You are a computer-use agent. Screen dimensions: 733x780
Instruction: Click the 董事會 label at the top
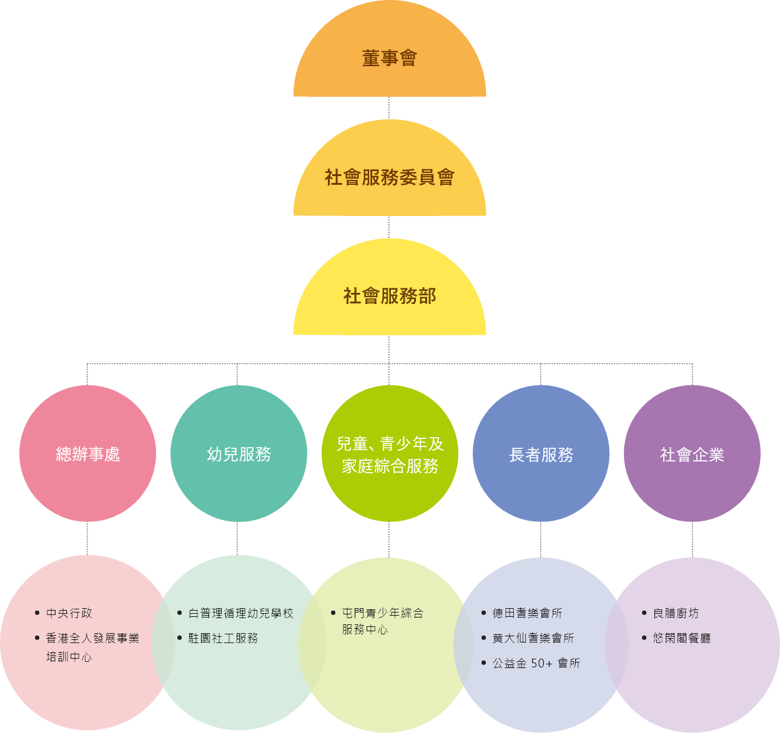(389, 59)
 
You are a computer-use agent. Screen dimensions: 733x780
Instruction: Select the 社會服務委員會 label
(389, 177)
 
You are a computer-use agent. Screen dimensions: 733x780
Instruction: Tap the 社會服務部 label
(389, 296)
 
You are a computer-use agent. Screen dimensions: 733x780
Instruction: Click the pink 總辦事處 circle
(87, 454)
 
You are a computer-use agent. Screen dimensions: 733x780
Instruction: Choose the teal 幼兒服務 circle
(239, 454)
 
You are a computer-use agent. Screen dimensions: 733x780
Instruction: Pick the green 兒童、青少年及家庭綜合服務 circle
(390, 454)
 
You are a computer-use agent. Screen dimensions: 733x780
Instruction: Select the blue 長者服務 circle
(541, 454)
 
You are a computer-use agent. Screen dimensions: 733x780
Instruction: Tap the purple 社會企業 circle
(692, 454)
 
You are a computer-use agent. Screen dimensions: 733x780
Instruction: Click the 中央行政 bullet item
(69, 614)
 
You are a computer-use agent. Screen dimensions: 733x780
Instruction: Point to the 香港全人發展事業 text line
(92, 639)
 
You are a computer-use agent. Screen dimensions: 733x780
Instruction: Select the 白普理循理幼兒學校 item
(241, 614)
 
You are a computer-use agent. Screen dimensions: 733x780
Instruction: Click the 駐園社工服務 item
(223, 639)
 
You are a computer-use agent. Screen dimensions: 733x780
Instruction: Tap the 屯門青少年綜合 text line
(382, 614)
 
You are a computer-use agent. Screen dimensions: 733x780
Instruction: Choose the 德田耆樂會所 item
(527, 614)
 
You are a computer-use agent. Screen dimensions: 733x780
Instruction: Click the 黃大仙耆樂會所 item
(533, 639)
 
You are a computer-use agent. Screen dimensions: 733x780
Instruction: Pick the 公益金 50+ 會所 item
(536, 664)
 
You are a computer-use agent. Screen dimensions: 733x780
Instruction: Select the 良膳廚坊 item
(676, 614)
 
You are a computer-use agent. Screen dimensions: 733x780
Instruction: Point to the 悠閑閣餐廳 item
(681, 639)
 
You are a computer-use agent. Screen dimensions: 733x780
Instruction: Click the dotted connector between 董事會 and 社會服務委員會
(389, 107)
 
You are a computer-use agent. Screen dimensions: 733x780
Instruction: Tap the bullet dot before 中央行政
(37, 613)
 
